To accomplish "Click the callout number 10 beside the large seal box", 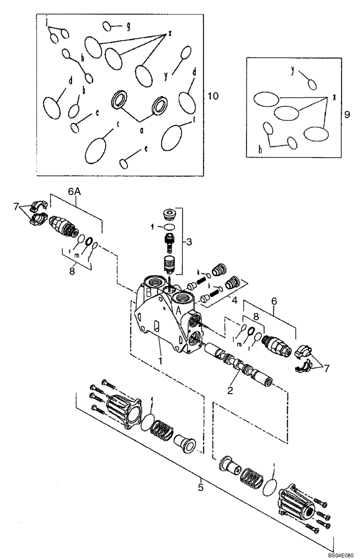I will pyautogui.click(x=213, y=96).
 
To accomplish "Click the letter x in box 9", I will pyautogui.click(x=334, y=97).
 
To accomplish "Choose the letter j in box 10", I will pyautogui.click(x=47, y=21).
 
